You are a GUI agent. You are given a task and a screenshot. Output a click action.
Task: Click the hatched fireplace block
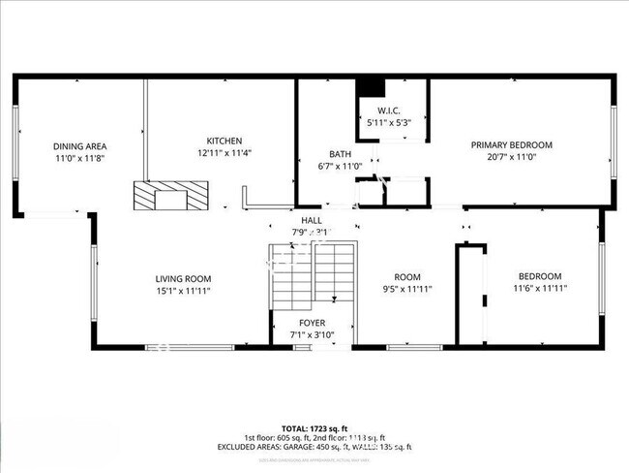click(x=170, y=197)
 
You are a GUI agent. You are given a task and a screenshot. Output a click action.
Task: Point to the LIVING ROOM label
click(x=183, y=277)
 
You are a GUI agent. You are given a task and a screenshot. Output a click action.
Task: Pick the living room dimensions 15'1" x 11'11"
click(x=183, y=290)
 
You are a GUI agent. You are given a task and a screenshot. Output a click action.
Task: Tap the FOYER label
click(x=312, y=324)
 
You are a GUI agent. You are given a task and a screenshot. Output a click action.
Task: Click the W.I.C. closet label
click(x=390, y=110)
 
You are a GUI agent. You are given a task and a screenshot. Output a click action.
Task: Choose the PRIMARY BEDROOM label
click(x=511, y=145)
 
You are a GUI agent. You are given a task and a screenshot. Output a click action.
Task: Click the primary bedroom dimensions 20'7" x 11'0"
click(x=511, y=157)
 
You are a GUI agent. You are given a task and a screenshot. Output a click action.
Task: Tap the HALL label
click(x=312, y=221)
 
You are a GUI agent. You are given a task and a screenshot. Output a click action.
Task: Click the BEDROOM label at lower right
click(x=539, y=276)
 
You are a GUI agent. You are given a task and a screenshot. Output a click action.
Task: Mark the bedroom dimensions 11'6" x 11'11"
click(x=539, y=288)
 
